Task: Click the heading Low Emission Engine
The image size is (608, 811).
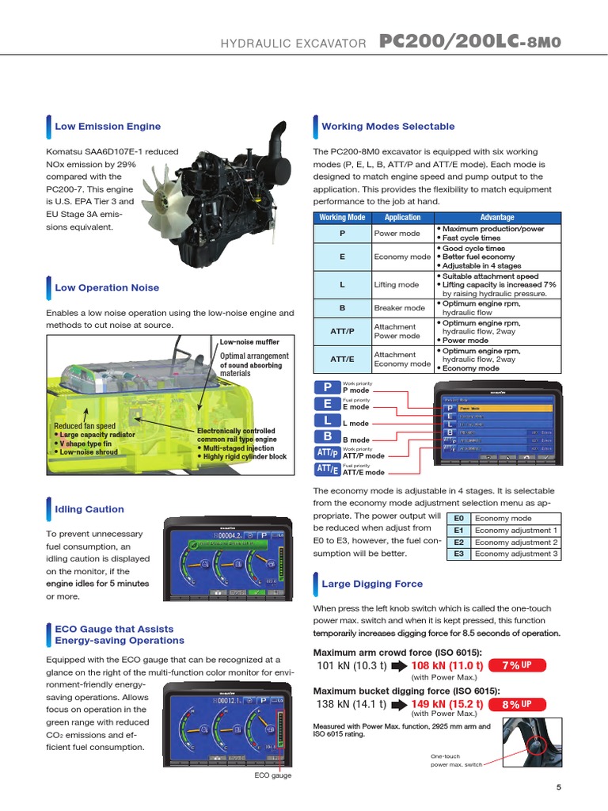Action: click(x=107, y=126)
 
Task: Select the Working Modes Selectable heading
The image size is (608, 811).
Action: click(x=388, y=126)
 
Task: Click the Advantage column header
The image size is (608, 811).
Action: click(x=497, y=217)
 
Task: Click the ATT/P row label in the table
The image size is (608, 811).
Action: click(x=342, y=331)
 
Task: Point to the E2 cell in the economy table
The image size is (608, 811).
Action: click(x=458, y=543)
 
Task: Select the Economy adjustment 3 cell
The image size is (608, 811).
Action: click(x=516, y=554)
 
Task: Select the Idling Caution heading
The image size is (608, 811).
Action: click(x=89, y=509)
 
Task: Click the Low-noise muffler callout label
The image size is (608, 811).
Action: click(x=249, y=341)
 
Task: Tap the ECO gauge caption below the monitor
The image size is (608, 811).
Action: click(x=272, y=775)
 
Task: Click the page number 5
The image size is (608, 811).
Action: click(x=558, y=786)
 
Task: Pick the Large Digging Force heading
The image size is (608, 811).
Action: click(x=371, y=584)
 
